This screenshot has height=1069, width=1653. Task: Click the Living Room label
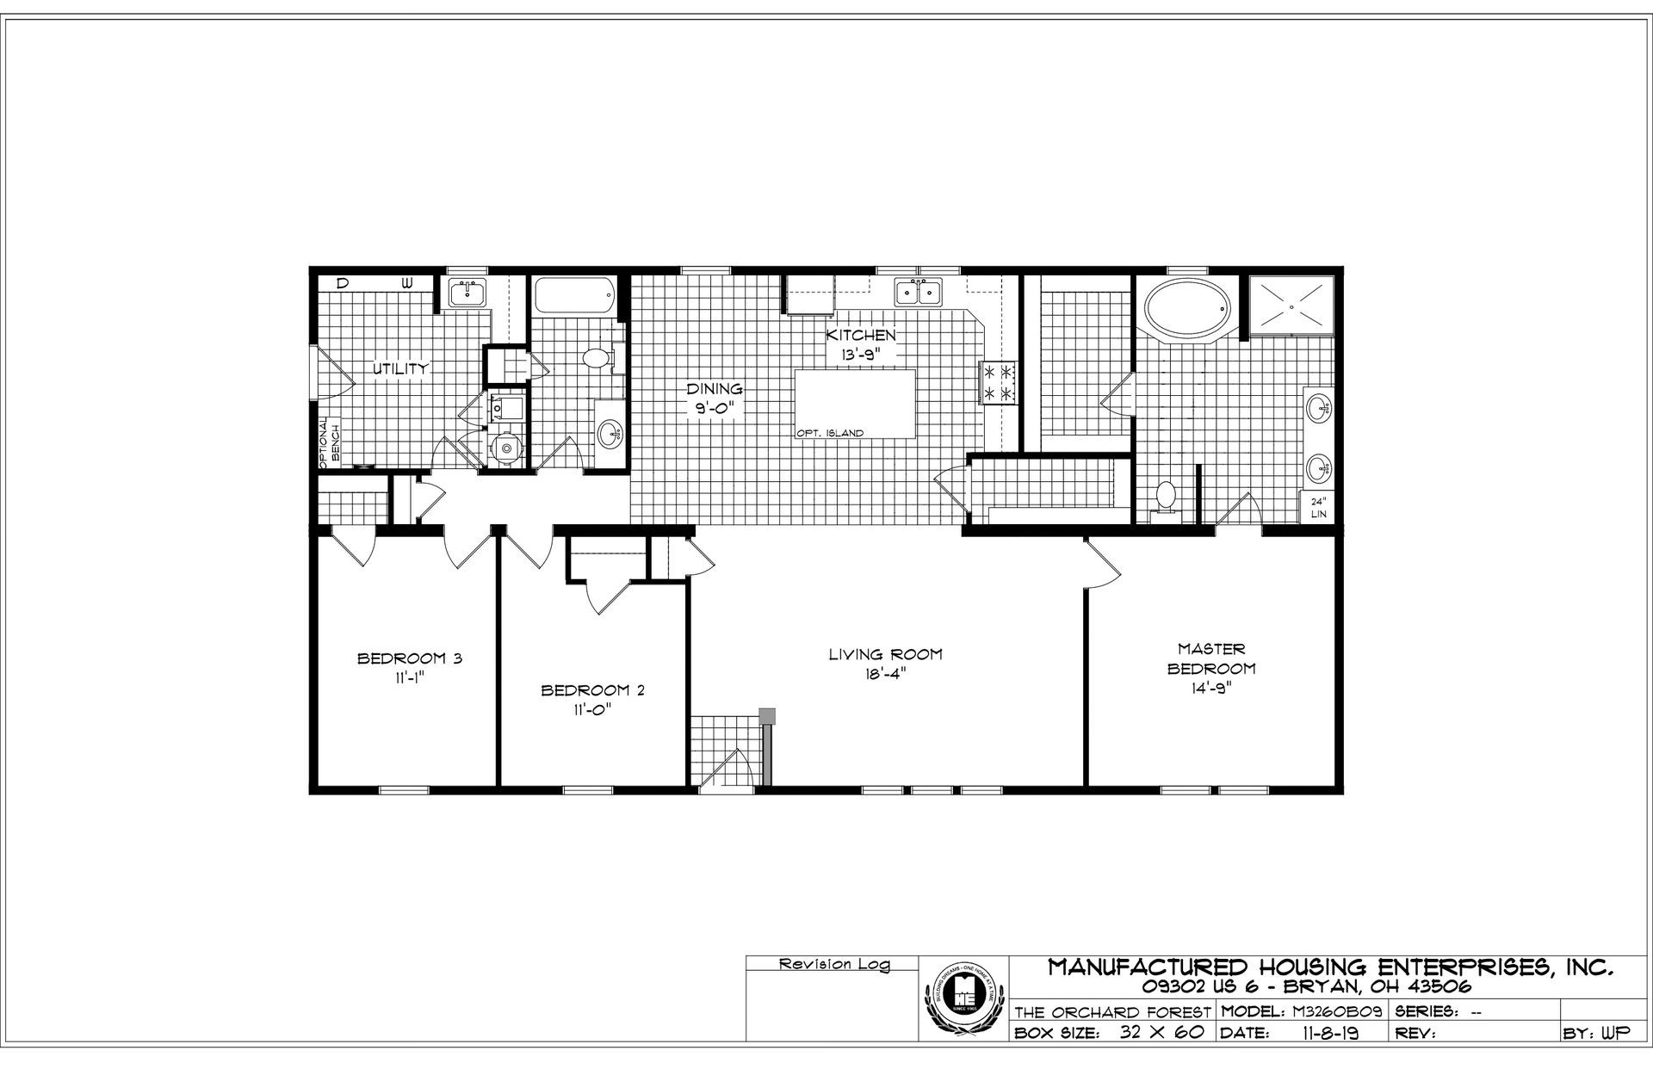pyautogui.click(x=885, y=654)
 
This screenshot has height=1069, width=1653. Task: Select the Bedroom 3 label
pyautogui.click(x=410, y=659)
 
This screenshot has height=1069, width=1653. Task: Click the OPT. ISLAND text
pyautogui.click(x=830, y=434)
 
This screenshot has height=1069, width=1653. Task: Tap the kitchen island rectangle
pyautogui.click(x=855, y=399)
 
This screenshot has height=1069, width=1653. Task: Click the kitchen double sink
pyautogui.click(x=918, y=293)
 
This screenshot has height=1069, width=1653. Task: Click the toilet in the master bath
pyautogui.click(x=1166, y=497)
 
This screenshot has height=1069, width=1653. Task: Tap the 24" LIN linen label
pyautogui.click(x=1318, y=508)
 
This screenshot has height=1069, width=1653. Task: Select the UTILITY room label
pyautogui.click(x=400, y=369)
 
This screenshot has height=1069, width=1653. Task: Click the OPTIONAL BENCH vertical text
pyautogui.click(x=330, y=442)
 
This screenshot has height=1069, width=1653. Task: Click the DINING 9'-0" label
pyautogui.click(x=714, y=399)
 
